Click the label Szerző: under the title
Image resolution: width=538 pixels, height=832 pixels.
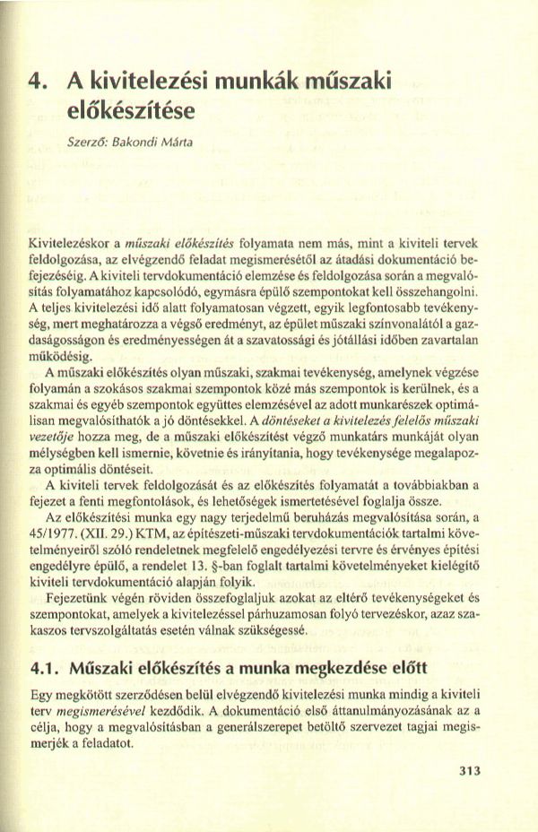click(x=89, y=143)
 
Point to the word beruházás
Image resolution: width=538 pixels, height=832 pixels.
click(x=327, y=520)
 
